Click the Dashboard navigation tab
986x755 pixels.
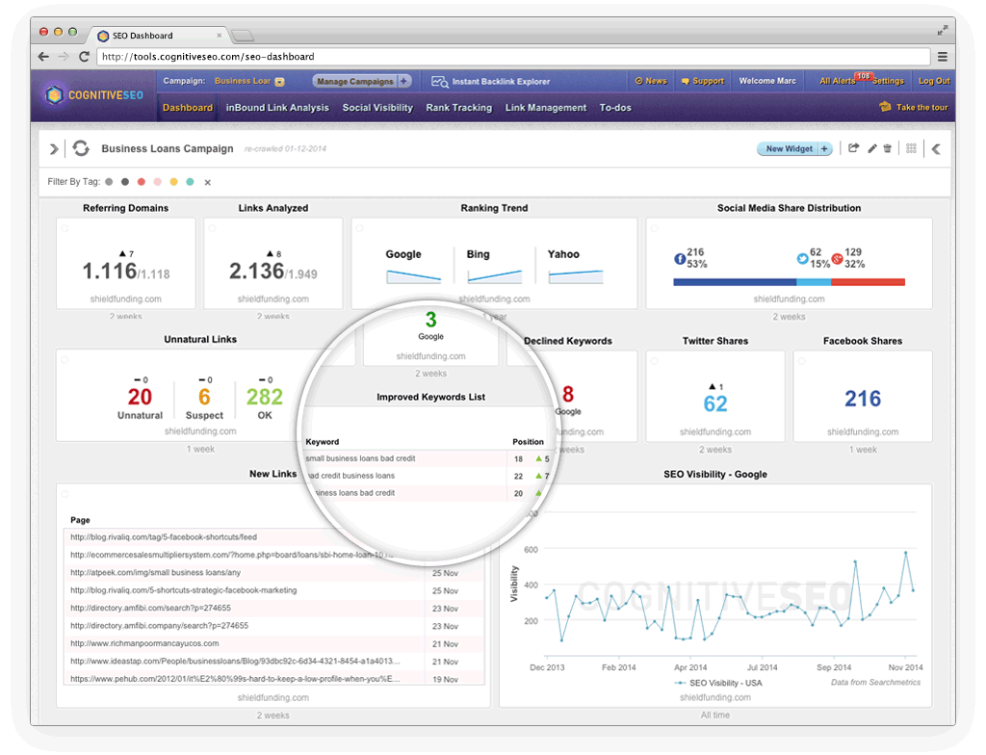point(188,108)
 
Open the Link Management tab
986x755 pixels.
point(545,108)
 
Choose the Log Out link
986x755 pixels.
point(934,82)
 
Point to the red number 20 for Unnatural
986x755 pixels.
point(140,397)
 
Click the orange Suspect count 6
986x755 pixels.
point(204,397)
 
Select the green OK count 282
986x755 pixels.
point(265,397)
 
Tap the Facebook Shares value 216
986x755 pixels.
point(863,399)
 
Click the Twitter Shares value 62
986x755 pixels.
point(715,403)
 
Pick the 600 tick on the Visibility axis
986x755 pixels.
point(529,550)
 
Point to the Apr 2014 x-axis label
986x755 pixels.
point(690,667)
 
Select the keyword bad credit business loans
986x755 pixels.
point(350,476)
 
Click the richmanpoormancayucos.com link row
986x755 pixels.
point(144,643)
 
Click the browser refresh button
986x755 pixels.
point(85,57)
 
